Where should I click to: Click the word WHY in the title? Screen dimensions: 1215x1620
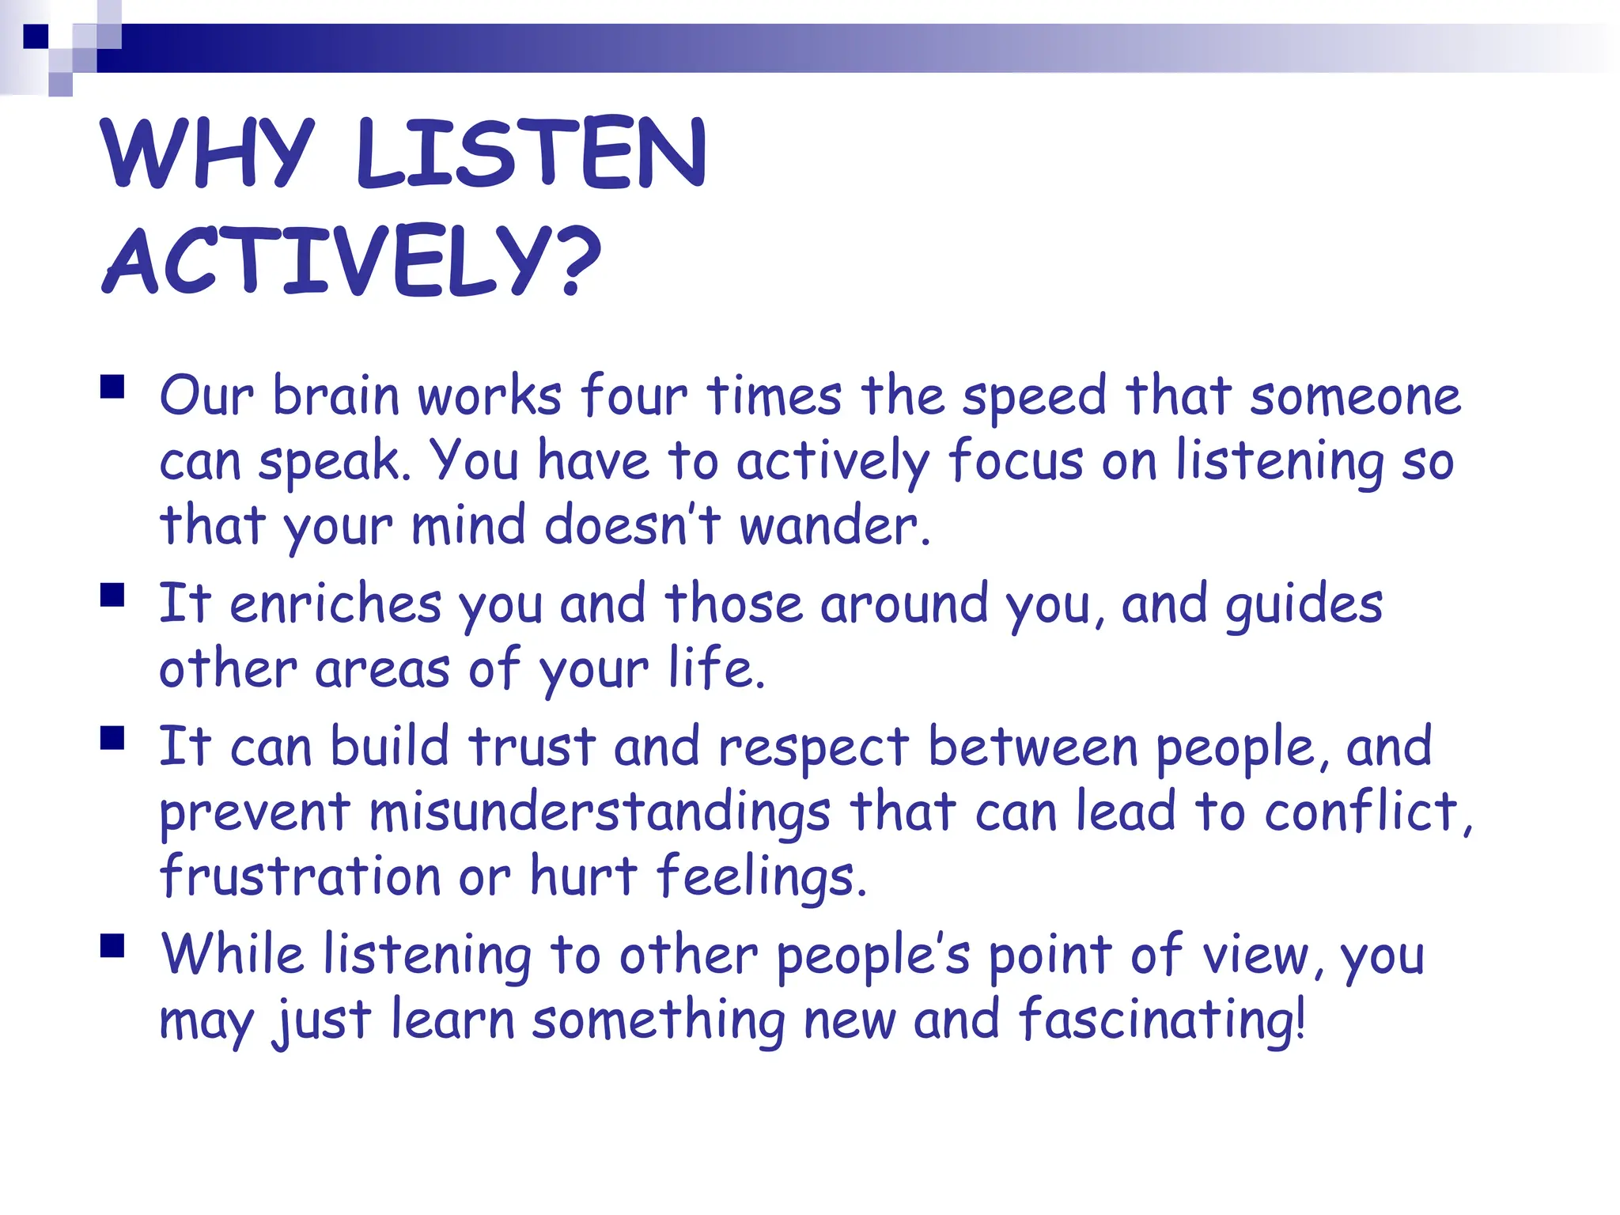click(x=207, y=153)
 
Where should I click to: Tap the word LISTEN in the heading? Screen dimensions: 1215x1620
click(x=531, y=153)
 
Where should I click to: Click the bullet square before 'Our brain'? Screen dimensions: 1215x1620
click(x=113, y=387)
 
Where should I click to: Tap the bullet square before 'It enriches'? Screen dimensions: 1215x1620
click(x=113, y=595)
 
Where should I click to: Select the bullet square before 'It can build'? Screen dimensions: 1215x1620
click(x=113, y=738)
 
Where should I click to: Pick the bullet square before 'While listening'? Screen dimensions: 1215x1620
click(x=113, y=946)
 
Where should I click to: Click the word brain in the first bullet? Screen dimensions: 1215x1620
click(x=335, y=395)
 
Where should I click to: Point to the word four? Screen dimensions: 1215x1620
click(x=634, y=395)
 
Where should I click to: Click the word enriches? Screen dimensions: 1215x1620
click(x=335, y=604)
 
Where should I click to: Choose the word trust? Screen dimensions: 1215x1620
click(x=532, y=747)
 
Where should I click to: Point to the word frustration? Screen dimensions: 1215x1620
click(x=300, y=876)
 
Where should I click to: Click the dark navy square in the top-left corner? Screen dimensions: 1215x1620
click(x=36, y=36)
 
